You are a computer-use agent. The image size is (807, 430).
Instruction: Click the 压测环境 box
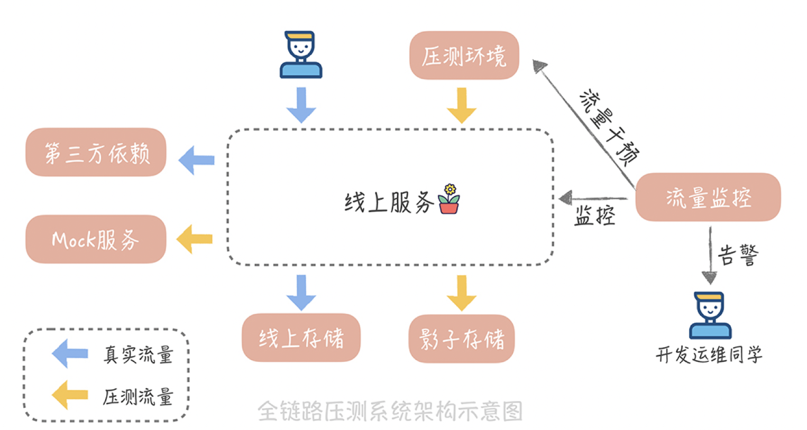464,55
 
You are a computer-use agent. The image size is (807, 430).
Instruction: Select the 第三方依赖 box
96,152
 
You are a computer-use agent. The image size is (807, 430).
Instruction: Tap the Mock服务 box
96,239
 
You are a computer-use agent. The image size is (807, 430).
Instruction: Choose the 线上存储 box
301,338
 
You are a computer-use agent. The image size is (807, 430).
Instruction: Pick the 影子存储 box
462,339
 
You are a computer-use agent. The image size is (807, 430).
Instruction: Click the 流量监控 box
708,197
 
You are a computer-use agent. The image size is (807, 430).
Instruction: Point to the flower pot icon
449,199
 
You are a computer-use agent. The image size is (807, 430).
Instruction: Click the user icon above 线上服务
301,54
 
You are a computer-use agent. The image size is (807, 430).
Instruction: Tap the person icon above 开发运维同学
710,315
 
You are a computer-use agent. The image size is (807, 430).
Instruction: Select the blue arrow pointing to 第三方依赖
196,160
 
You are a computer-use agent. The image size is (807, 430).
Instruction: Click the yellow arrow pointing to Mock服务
194,239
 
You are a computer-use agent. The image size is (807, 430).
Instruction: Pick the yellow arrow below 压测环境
462,105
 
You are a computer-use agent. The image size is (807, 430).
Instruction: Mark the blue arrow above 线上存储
301,292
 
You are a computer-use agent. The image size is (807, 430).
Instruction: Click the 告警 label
738,255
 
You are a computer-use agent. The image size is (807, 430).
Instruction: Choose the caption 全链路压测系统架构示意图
390,411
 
